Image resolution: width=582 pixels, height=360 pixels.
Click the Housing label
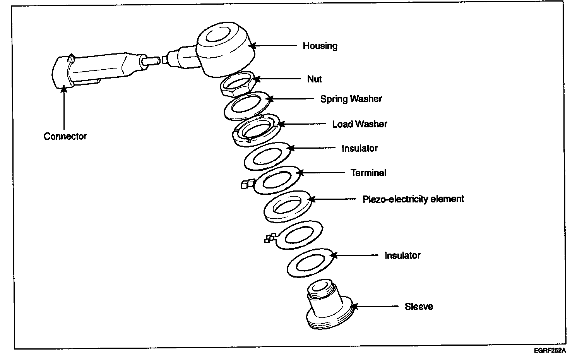tap(320, 46)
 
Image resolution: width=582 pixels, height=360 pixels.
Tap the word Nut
tap(314, 79)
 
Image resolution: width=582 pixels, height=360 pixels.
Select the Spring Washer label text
tap(351, 99)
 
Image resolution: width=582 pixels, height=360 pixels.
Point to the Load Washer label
tap(359, 124)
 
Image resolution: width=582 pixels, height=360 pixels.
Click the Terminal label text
tap(368, 173)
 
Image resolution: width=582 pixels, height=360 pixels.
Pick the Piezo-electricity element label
tap(413, 199)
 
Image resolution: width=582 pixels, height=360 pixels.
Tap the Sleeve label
tap(419, 307)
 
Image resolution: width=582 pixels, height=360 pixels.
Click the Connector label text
tap(65, 136)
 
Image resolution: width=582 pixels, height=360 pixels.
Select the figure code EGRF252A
tap(549, 351)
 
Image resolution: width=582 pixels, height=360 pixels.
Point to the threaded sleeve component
tap(329, 306)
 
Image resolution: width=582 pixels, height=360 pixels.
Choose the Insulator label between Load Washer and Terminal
tap(359, 149)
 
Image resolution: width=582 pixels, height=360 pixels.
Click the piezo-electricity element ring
tap(288, 206)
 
